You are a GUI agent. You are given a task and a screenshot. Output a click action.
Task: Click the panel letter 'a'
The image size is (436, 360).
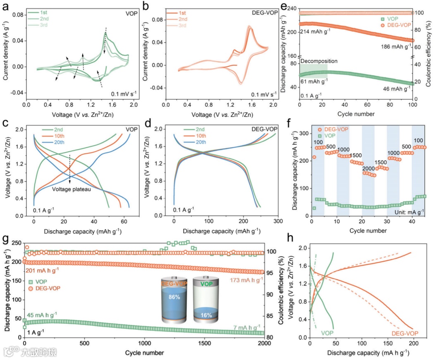(x=6, y=6)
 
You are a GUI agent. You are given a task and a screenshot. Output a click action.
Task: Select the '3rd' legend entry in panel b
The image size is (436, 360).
(x=182, y=26)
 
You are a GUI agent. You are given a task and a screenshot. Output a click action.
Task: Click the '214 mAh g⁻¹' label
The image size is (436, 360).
(x=317, y=31)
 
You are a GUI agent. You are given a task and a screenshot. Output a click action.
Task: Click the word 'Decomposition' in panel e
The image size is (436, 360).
(x=319, y=61)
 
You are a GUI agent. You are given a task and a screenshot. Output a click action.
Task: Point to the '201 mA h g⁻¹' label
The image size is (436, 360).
(x=42, y=270)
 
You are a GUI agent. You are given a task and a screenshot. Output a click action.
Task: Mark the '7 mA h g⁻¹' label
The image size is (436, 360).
(x=248, y=327)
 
